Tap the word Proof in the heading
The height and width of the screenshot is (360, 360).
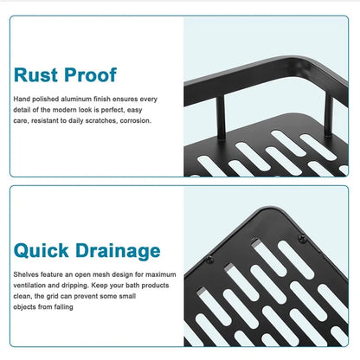[x=91, y=74]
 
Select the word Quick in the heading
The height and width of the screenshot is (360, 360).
[x=42, y=250]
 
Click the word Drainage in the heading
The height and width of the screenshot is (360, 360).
[x=118, y=251]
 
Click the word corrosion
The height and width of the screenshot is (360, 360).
[x=136, y=120]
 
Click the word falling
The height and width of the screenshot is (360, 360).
[x=63, y=307]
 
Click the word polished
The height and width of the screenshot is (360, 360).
[x=45, y=99]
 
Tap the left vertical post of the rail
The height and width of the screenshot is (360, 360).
[x=221, y=118]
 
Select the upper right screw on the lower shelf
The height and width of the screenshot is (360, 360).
[x=302, y=239]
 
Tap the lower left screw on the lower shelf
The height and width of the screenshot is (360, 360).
[x=209, y=259]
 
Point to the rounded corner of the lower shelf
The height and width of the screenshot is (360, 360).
[x=270, y=209]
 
